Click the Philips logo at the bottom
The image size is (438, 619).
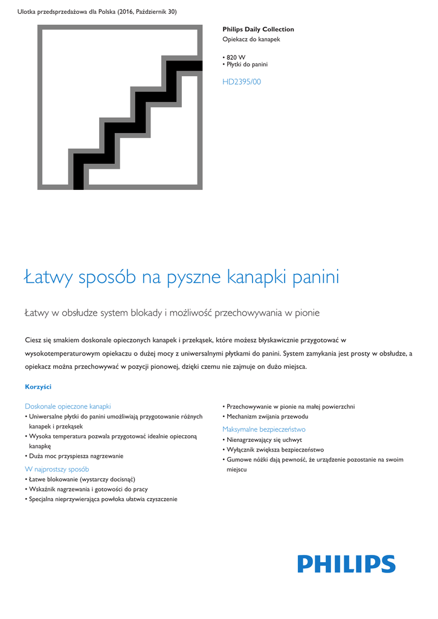[346, 564]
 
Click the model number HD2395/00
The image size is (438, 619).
[242, 82]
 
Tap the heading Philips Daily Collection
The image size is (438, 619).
[258, 29]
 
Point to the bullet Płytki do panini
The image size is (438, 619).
[246, 64]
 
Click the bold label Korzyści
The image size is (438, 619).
[37, 386]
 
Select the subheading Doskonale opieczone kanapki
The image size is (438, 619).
[68, 406]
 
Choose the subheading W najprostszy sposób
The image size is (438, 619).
[57, 468]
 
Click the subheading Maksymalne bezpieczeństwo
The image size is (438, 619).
[264, 429]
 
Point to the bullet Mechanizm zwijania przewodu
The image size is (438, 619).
[267, 416]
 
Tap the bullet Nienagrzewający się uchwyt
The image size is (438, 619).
[264, 439]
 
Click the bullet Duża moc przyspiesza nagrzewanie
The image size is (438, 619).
[76, 456]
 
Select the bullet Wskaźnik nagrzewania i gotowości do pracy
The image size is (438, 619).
[88, 489]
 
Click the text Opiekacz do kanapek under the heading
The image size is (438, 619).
[251, 39]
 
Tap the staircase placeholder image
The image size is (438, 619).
[120, 107]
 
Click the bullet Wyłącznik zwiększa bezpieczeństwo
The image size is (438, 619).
[275, 450]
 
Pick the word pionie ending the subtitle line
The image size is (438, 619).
[305, 313]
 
